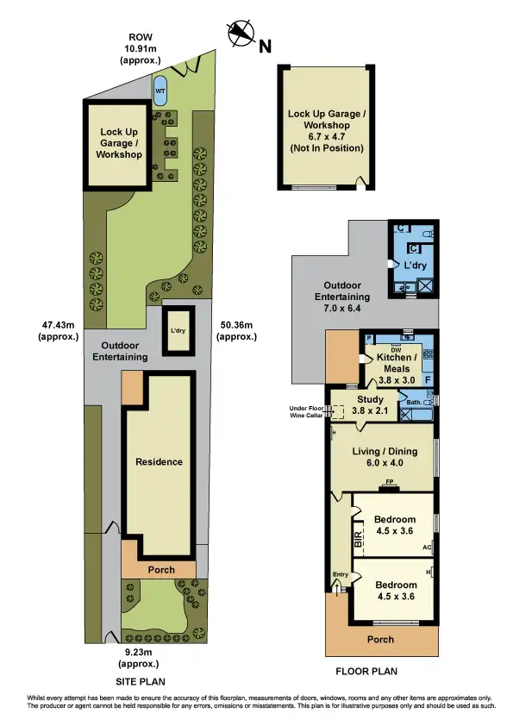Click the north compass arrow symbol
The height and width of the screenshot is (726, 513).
[x=240, y=34]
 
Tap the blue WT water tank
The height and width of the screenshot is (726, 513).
[x=160, y=90]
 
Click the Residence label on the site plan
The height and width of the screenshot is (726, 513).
[x=160, y=461]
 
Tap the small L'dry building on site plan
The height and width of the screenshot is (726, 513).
[x=179, y=330]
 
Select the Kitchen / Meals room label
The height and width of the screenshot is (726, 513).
[x=398, y=363]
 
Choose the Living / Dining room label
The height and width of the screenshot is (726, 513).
[x=385, y=457]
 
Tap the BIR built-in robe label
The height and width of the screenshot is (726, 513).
[x=358, y=537]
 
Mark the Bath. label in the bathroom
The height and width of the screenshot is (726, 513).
[x=413, y=401]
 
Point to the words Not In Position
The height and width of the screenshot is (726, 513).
[x=325, y=148]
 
